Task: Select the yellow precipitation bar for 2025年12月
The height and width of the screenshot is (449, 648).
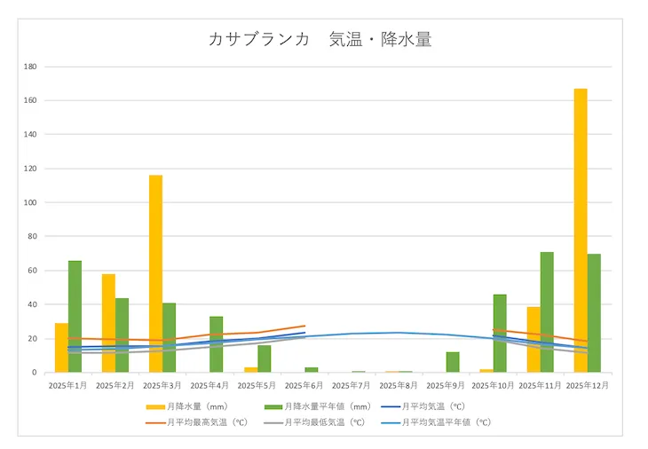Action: click(x=581, y=230)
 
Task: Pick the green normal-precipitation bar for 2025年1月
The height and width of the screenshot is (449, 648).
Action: click(x=75, y=316)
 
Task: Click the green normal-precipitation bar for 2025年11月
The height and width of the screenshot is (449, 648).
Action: click(x=547, y=311)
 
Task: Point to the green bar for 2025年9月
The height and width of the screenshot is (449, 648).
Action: click(x=453, y=362)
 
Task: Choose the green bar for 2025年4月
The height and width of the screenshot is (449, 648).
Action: click(x=217, y=344)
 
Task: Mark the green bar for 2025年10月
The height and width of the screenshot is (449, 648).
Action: click(x=500, y=333)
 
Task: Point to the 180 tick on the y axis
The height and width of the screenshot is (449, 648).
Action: click(x=30, y=67)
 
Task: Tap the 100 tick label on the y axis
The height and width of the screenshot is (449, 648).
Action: click(x=30, y=202)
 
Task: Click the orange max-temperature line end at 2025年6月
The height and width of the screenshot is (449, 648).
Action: click(x=304, y=326)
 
